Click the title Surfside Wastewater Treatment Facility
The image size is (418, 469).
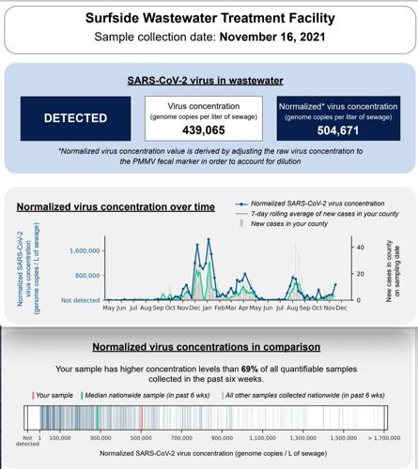coord(209,18)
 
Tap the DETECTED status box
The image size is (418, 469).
coord(70,119)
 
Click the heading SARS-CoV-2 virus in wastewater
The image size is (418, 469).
coord(209,81)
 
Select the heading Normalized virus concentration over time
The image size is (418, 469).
coord(116,205)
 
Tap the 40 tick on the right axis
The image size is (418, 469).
coord(358,246)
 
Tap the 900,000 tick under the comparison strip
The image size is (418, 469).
coord(222,437)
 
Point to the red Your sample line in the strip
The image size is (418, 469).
coord(141,418)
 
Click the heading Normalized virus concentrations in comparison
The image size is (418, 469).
coord(209,348)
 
